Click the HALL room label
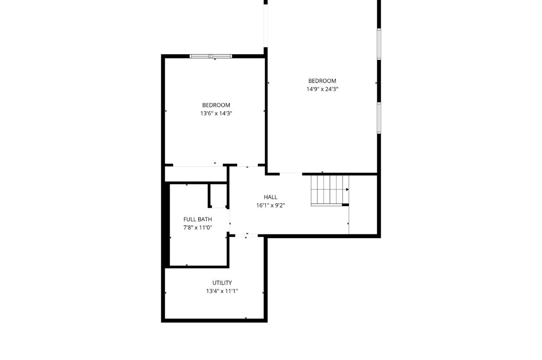click(271, 197)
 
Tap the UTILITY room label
click(222, 282)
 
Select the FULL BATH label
click(198, 219)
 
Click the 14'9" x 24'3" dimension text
click(322, 89)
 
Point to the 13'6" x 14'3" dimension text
click(216, 114)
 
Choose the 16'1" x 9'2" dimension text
click(271, 205)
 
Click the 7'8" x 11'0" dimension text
click(198, 227)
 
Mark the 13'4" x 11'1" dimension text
click(222, 291)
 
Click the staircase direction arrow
click(347, 190)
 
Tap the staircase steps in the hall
click(330, 191)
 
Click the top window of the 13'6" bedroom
click(211, 56)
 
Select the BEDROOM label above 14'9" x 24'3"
click(322, 81)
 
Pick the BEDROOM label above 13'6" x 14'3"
click(216, 105)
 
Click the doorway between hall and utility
click(246, 236)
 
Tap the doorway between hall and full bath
click(228, 221)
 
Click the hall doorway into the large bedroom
click(291, 174)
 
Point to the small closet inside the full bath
click(219, 195)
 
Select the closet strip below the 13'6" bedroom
click(196, 174)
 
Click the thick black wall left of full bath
click(167, 224)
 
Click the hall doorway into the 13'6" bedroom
click(247, 165)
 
